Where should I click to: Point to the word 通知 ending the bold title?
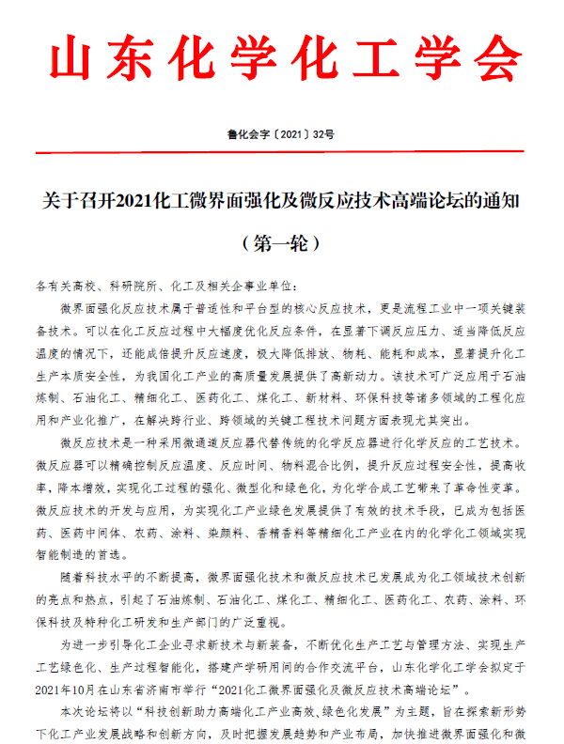click(500, 201)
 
